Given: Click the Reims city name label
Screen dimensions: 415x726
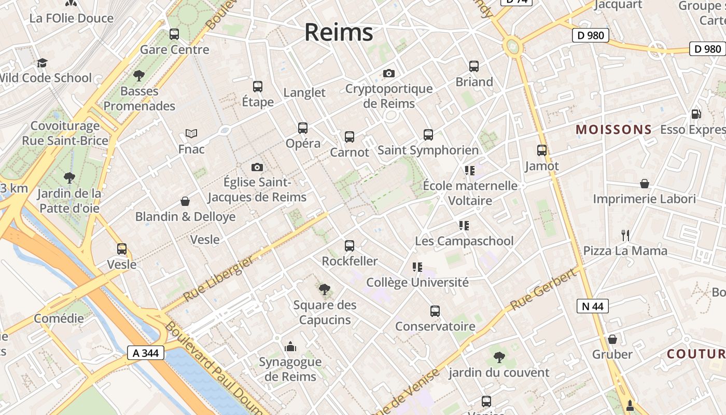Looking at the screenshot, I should pyautogui.click(x=339, y=32).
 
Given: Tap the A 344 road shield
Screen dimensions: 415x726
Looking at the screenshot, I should pyautogui.click(x=146, y=353).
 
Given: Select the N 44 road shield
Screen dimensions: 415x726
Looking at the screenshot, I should pyautogui.click(x=592, y=306).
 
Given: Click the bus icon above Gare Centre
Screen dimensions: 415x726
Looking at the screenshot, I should pyautogui.click(x=174, y=34).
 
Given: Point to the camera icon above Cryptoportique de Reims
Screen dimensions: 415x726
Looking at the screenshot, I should pyautogui.click(x=389, y=73).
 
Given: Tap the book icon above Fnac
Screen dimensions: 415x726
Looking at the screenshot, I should pyautogui.click(x=191, y=134).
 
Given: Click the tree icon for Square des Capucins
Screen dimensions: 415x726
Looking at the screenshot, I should pyautogui.click(x=325, y=289).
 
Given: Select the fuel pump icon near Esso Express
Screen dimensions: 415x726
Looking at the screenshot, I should pyautogui.click(x=696, y=114).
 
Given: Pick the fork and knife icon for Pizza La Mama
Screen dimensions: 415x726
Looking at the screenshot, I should pyautogui.click(x=625, y=236).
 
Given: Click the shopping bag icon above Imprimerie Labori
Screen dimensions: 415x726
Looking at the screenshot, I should pyautogui.click(x=645, y=184).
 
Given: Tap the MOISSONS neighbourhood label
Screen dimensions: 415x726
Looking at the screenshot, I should pyautogui.click(x=614, y=130).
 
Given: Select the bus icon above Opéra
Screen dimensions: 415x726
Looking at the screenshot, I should pyautogui.click(x=303, y=128).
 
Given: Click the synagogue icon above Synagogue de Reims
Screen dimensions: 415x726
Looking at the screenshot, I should pyautogui.click(x=290, y=347).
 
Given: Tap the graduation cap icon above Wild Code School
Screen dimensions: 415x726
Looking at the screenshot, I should pyautogui.click(x=42, y=63).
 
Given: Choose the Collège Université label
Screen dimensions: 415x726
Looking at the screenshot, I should pyautogui.click(x=417, y=282).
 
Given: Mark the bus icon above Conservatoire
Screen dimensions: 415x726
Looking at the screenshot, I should pyautogui.click(x=435, y=311).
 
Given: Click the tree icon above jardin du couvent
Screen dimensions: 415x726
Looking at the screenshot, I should pyautogui.click(x=499, y=357).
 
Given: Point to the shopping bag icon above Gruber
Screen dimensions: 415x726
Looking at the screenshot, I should pyautogui.click(x=612, y=339).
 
